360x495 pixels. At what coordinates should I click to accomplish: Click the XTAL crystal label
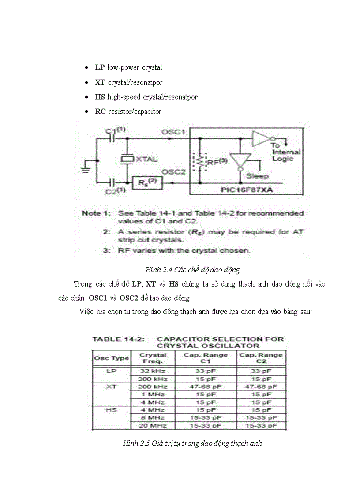146,159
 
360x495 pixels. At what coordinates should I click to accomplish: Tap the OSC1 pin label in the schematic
173,132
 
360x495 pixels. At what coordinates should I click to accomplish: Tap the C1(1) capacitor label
116,130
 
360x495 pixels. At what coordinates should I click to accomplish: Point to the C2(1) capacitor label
116,191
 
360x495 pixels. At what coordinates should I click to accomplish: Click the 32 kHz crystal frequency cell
153,371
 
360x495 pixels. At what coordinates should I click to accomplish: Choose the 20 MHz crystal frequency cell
153,425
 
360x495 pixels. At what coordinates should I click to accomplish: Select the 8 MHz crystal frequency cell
153,417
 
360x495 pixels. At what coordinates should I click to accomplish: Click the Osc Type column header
111,358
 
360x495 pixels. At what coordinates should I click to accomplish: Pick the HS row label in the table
111,409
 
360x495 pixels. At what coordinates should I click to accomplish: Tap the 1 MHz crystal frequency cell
153,394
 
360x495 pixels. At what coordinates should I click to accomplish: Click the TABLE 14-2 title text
118,339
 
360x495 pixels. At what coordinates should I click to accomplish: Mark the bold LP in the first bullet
99,68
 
